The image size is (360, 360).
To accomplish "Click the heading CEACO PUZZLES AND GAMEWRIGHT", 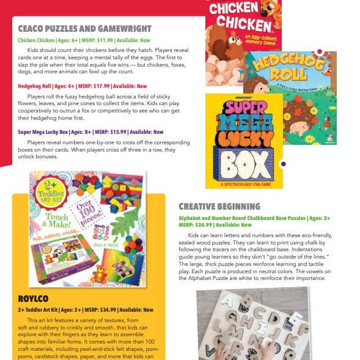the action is click(x=85, y=28).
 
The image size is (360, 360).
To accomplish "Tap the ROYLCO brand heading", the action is click(x=35, y=298).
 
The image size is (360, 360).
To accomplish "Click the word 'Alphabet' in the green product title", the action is click(x=191, y=218).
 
